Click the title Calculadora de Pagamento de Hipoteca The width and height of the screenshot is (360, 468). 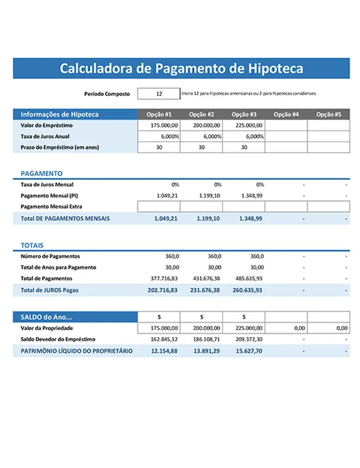(x=181, y=68)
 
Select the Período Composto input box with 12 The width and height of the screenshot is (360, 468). (x=159, y=94)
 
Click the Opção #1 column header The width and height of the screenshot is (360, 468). (x=159, y=115)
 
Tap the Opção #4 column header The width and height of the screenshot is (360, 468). (x=286, y=115)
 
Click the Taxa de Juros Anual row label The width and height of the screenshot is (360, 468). (x=45, y=136)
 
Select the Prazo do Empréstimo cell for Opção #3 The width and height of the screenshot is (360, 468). (x=244, y=147)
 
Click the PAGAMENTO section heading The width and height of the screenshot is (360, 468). (x=41, y=174)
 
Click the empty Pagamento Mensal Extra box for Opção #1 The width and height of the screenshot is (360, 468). (x=159, y=207)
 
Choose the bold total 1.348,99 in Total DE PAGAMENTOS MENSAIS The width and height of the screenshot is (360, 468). (x=251, y=218)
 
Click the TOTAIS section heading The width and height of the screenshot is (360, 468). (x=32, y=246)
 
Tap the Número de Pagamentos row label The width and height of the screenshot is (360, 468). (x=50, y=256)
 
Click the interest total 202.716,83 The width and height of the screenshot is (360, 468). (x=164, y=290)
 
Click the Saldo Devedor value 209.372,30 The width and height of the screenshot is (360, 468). (x=249, y=339)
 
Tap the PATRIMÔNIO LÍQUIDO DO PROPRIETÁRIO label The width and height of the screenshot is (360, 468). (x=77, y=351)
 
